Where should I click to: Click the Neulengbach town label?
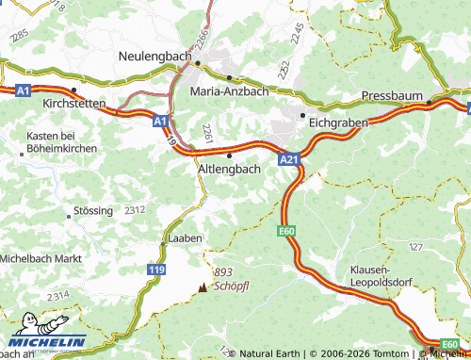[x=156, y=57]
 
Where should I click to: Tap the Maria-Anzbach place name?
[x=229, y=91]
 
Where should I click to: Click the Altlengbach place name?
[x=230, y=168]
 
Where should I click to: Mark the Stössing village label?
[x=91, y=210]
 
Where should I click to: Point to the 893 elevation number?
[x=222, y=270]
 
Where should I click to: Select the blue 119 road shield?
[x=156, y=270]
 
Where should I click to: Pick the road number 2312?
[x=135, y=210]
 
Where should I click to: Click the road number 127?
[x=415, y=247]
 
